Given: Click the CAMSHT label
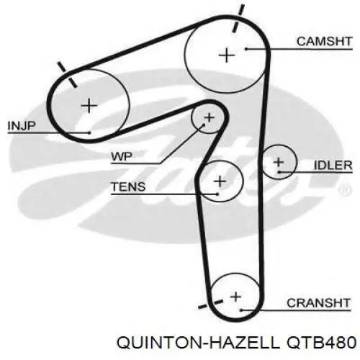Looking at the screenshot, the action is [x=324, y=41].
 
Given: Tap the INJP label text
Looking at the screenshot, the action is [x=22, y=126].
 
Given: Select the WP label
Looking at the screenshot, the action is [x=122, y=157].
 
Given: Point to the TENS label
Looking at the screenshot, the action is [x=128, y=186].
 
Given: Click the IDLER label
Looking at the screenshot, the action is [x=333, y=165].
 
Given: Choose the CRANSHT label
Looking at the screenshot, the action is [x=318, y=303].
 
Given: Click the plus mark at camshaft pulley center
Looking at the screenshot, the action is [x=227, y=55].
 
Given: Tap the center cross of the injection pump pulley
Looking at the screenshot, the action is [x=89, y=105].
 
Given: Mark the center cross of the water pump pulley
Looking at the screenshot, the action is [x=209, y=117].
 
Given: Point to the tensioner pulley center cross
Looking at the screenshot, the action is [x=220, y=181].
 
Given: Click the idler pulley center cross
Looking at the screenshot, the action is [x=279, y=163].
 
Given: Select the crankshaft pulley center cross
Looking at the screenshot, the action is [x=235, y=297].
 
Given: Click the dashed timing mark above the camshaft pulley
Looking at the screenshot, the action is [x=238, y=18].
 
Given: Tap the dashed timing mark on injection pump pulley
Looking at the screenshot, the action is [x=67, y=74].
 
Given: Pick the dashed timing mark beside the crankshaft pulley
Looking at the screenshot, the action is [x=211, y=304].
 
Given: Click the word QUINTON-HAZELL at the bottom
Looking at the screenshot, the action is [x=198, y=342].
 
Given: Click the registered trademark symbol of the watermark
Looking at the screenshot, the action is [x=345, y=189].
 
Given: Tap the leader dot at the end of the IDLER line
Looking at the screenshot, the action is [x=279, y=172].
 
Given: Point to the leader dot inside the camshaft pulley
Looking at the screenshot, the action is [x=246, y=49].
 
